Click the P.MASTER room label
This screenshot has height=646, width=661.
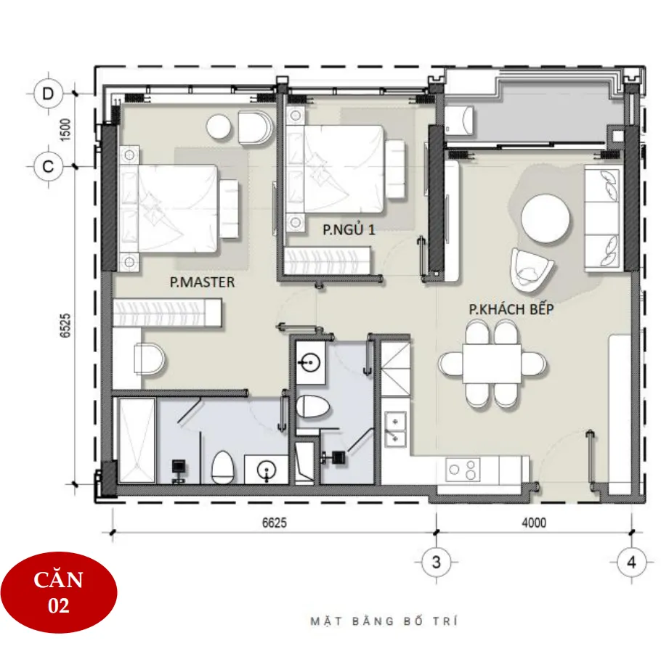tap(203, 282)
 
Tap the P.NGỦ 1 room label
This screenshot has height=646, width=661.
tap(349, 229)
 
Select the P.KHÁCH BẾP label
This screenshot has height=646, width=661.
tap(511, 308)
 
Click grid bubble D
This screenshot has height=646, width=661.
tap(48, 94)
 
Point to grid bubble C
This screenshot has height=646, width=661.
tap(48, 166)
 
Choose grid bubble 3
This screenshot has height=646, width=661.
tap(437, 562)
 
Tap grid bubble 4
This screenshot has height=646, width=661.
tap(631, 562)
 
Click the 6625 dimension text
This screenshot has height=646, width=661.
tap(275, 523)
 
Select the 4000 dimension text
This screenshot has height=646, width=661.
tap(534, 523)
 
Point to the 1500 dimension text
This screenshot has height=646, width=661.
tap(65, 130)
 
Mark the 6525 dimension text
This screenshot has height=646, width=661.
tap(65, 325)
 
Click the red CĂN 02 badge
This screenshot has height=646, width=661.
tap(59, 592)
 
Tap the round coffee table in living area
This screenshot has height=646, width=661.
tap(546, 218)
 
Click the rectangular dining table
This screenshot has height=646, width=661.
tap(492, 364)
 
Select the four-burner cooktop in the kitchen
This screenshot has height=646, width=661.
tap(463, 469)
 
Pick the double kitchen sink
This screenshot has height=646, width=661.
tap(395, 429)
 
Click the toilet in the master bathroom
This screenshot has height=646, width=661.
tap(222, 467)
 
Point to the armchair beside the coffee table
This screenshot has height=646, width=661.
tap(531, 270)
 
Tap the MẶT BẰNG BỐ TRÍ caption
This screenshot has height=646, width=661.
tap(384, 621)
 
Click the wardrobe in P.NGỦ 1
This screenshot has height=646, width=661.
tap(328, 261)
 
